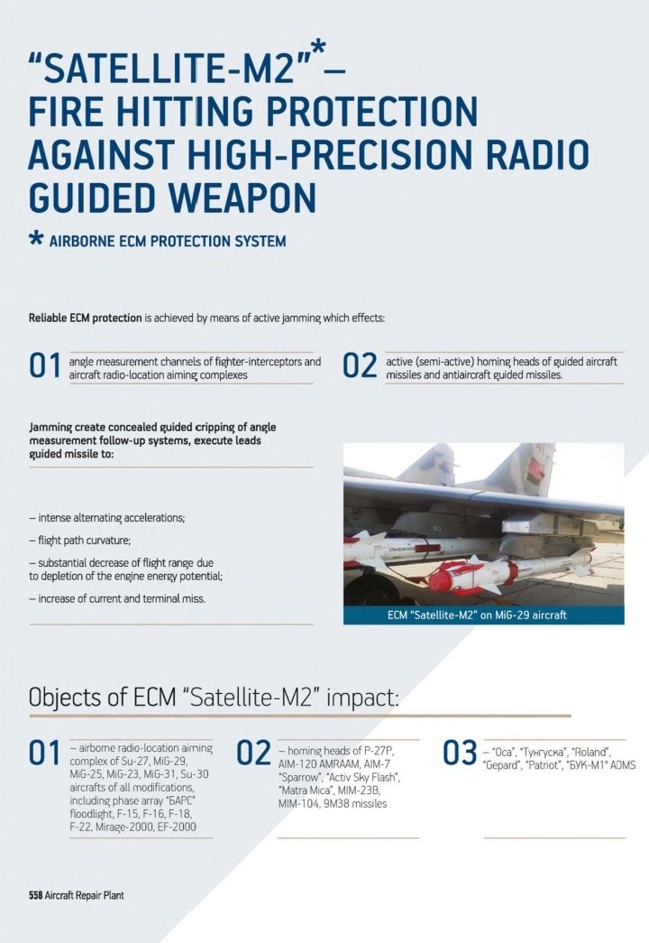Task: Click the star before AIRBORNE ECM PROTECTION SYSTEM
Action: coord(36,241)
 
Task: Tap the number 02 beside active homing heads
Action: coord(360,367)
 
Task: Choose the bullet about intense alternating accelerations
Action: coord(107,518)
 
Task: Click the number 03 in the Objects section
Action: coord(460,753)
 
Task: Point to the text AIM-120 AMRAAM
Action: coord(315,763)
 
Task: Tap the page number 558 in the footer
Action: coord(35,896)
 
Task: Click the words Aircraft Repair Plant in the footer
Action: coord(85,896)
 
